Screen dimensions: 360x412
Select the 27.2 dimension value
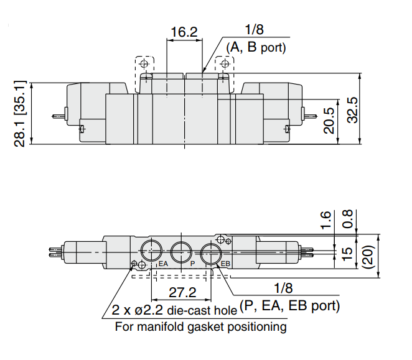tap(182, 292)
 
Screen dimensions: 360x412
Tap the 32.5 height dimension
tap(353, 110)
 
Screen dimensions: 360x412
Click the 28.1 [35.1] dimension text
tap(20, 113)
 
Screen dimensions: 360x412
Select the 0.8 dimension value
tap(348, 218)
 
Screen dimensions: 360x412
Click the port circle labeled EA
tap(151, 251)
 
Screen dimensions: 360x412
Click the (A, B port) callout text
tap(256, 47)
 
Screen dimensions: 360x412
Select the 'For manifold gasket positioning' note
tap(200, 326)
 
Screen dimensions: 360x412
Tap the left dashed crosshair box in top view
tap(144, 64)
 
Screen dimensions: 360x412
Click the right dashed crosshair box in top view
tap(224, 64)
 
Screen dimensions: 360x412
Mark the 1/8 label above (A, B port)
tap(255, 30)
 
